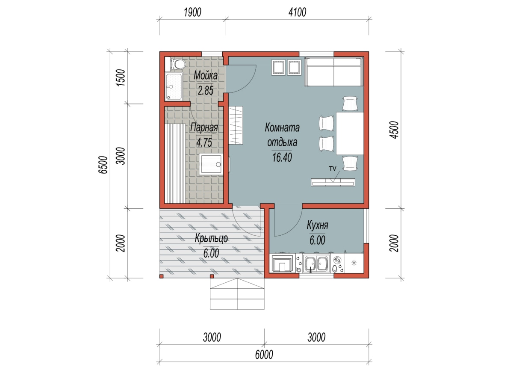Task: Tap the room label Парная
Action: point(204,127)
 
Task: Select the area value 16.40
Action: point(282,157)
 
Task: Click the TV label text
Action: point(332,169)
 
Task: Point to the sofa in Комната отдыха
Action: point(334,72)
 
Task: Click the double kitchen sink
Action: point(316,264)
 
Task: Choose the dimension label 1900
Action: point(192,12)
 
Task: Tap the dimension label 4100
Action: point(297,12)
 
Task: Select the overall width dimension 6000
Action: point(264,355)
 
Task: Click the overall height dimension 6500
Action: point(103,165)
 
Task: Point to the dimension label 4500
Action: point(394,130)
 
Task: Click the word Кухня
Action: point(317,225)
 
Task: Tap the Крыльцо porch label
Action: point(211,238)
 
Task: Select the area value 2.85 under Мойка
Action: point(206,90)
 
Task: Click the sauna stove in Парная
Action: point(211,164)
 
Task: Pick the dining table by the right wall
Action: point(350,133)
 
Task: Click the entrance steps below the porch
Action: point(237,294)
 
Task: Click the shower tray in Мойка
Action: point(174,87)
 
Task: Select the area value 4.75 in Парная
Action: point(204,142)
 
